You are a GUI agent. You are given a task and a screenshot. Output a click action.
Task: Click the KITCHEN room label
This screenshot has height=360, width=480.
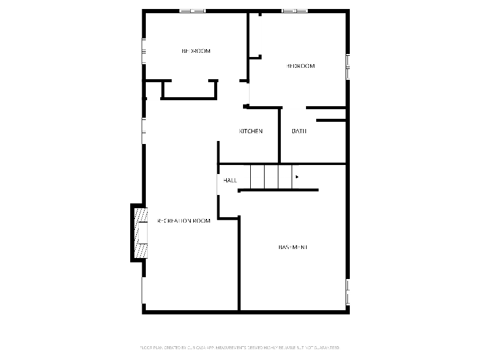[251, 131]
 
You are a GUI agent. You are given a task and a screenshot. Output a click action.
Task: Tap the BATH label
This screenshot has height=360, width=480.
[299, 131]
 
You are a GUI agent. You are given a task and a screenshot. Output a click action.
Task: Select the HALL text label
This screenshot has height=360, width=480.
[230, 180]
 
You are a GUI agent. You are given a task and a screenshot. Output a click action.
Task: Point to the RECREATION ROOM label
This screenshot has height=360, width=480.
[184, 221]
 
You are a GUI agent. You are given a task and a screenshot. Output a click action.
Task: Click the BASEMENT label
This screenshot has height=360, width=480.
[293, 247]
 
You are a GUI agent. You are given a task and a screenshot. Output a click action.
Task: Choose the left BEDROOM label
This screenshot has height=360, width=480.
[196, 51]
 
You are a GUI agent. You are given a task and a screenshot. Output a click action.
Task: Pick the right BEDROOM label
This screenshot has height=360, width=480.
[300, 66]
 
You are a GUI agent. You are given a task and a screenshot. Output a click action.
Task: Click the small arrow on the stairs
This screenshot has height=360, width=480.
[297, 176]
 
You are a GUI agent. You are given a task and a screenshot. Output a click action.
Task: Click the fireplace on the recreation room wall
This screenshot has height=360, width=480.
[139, 233]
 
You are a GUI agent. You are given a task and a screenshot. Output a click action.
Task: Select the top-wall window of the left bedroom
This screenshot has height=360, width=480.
[192, 10]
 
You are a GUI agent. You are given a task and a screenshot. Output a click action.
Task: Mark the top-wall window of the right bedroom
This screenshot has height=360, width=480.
[295, 10]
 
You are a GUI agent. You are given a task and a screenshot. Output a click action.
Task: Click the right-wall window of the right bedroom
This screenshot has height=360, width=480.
[347, 67]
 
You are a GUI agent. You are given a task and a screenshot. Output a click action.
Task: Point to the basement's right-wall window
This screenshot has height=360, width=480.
[347, 292]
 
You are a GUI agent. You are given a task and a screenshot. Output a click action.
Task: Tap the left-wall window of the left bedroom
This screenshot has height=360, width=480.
[143, 51]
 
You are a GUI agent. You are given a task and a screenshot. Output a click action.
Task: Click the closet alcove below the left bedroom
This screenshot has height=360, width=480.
[188, 88]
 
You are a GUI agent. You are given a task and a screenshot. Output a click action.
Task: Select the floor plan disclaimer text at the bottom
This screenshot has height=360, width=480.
[240, 347]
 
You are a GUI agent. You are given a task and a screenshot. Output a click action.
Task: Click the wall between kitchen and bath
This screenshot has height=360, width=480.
[280, 135]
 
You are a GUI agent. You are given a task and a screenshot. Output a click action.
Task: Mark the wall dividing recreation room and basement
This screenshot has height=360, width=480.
[239, 264]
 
